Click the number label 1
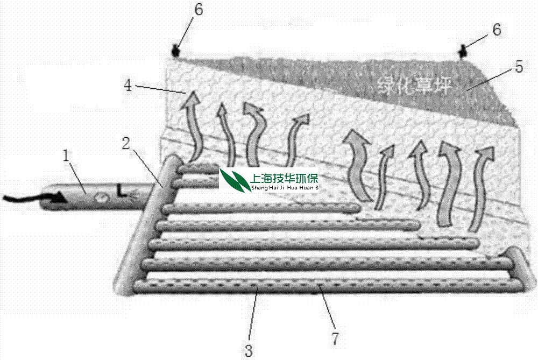pyautogui.click(x=67, y=157)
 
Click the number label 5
pyautogui.click(x=519, y=67)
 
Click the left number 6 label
pyautogui.click(x=199, y=11)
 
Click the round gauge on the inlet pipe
pyautogui.click(x=100, y=199)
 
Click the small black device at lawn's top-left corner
pyautogui.click(x=175, y=52)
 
